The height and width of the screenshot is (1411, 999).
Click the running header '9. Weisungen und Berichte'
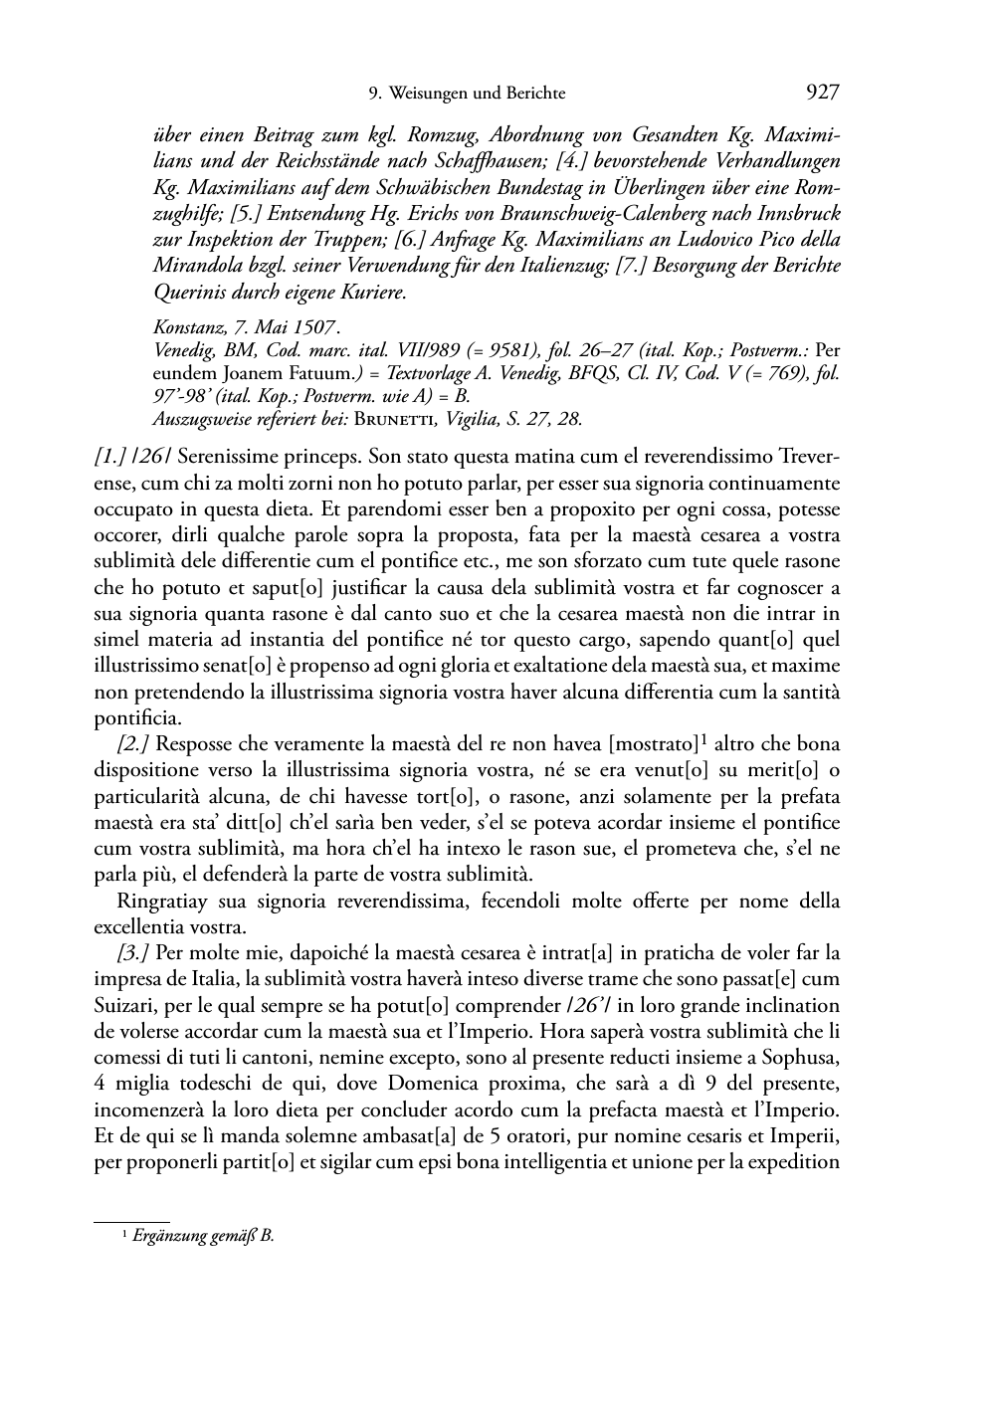point(467,94)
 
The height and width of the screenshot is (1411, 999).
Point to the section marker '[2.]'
point(134,744)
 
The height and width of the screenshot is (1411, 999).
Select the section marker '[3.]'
point(134,953)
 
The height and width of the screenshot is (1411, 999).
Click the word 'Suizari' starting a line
point(120,1005)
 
